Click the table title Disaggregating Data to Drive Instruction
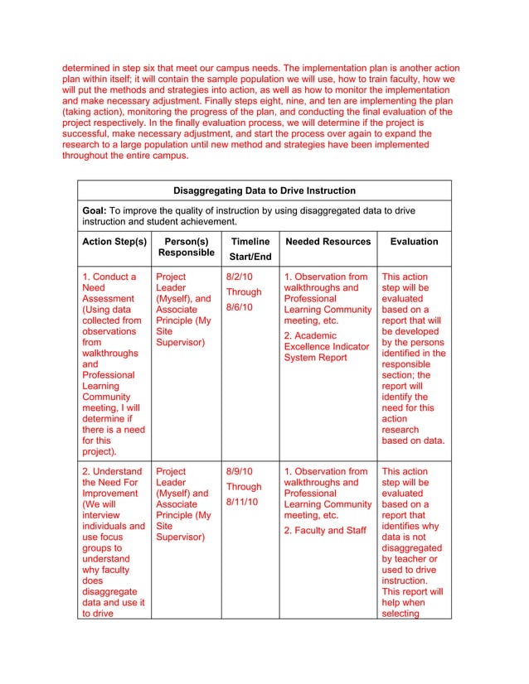(x=264, y=191)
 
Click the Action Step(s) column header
(x=114, y=242)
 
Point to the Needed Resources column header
(x=328, y=242)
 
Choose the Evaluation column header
(x=414, y=242)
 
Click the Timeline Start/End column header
(x=250, y=248)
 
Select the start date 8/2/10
(x=240, y=277)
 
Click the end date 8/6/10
(x=240, y=307)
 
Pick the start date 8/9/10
(x=240, y=471)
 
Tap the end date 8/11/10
(x=242, y=502)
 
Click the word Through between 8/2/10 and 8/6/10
(x=244, y=291)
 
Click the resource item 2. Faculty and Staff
(x=324, y=530)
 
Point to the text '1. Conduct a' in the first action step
(x=109, y=277)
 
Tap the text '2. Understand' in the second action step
(x=113, y=471)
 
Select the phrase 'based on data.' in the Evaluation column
(x=413, y=441)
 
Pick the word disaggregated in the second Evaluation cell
(x=411, y=548)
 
